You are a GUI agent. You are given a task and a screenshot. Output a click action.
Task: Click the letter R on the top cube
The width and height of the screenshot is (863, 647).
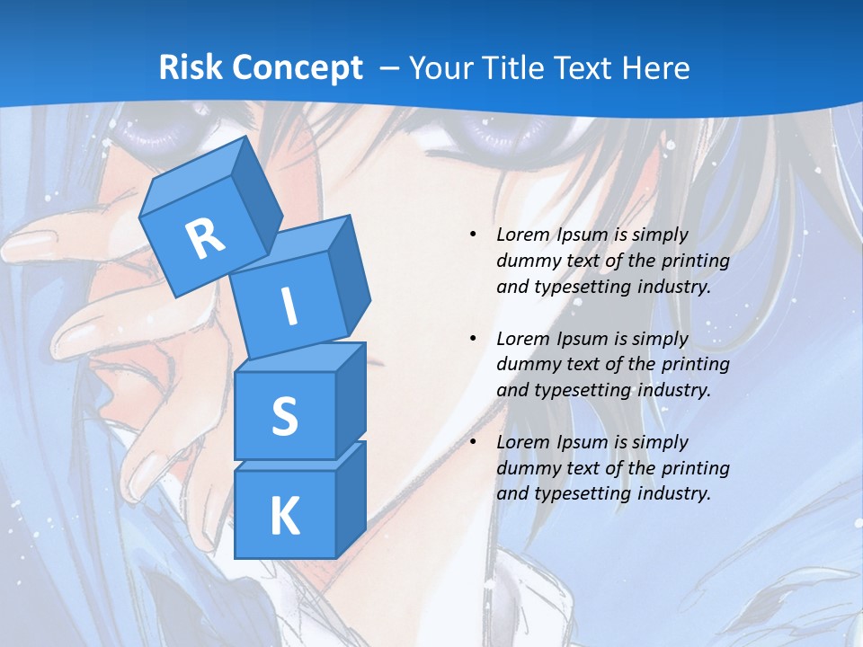(x=205, y=238)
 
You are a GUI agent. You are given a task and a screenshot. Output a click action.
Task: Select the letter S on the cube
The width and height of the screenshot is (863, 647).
(x=284, y=416)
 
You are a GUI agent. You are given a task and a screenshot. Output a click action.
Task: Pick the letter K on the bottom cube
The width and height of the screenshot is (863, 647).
(x=284, y=516)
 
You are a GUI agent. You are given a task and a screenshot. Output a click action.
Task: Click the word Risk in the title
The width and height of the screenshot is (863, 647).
(x=191, y=67)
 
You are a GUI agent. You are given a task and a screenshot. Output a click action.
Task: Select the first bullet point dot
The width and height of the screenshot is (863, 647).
(x=474, y=235)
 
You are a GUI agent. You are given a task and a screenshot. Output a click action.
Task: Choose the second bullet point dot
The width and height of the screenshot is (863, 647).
(x=474, y=340)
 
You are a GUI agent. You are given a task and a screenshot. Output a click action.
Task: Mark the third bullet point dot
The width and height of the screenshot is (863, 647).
(x=474, y=443)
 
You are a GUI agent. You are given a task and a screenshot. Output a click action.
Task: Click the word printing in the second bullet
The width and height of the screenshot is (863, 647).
(x=693, y=365)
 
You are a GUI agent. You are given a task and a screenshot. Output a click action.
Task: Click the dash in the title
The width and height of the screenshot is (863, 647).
(x=391, y=67)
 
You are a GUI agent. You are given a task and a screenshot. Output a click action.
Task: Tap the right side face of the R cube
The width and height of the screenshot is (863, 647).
(x=253, y=195)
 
